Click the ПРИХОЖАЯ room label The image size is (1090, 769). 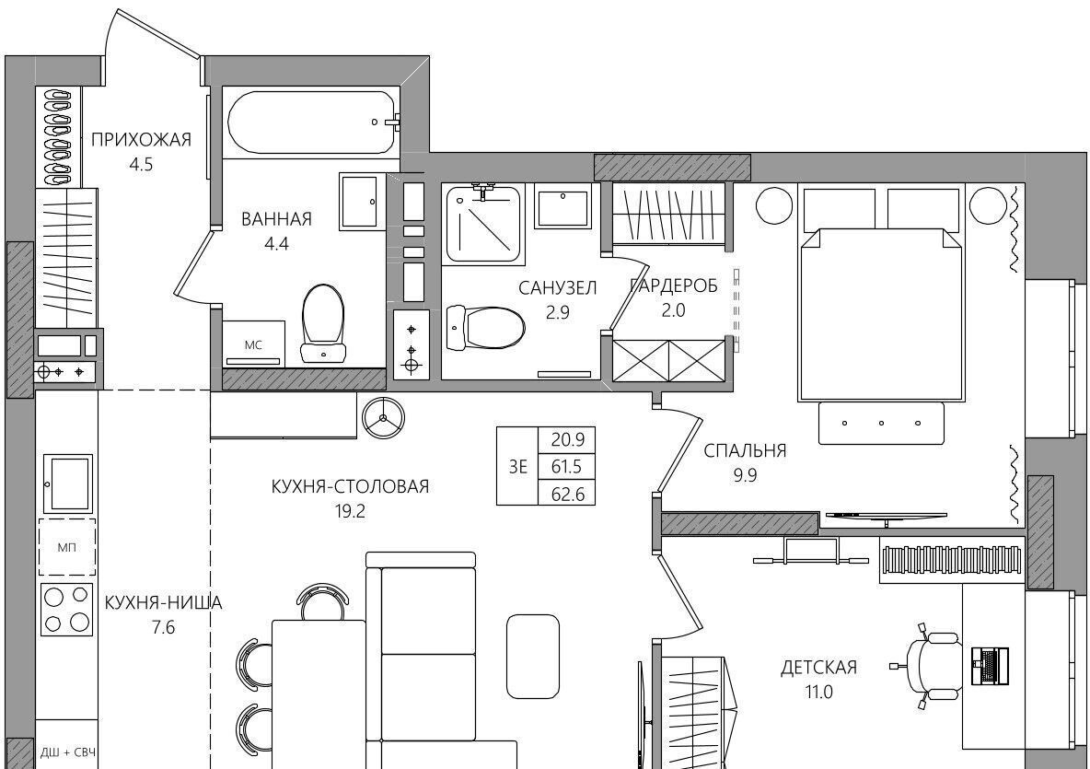click(141, 140)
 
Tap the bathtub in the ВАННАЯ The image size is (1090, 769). click(312, 122)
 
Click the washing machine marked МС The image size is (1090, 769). click(254, 343)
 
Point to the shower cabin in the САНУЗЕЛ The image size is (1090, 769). click(483, 224)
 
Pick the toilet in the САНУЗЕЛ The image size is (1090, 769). click(486, 328)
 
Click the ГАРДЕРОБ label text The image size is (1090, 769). click(674, 285)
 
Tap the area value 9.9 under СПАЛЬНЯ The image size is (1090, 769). click(745, 475)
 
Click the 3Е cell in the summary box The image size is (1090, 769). click(518, 467)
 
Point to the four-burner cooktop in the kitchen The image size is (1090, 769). click(66, 609)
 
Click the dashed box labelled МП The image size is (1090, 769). click(66, 547)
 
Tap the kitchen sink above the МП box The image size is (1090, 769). click(67, 484)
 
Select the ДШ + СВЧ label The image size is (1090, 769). click(67, 752)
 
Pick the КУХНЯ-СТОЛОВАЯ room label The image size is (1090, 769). click(350, 486)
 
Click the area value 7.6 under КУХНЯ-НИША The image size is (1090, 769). click(163, 628)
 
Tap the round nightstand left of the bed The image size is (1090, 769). click(774, 205)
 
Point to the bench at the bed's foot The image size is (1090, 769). click(881, 423)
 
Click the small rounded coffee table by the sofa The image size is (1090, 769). click(533, 657)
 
